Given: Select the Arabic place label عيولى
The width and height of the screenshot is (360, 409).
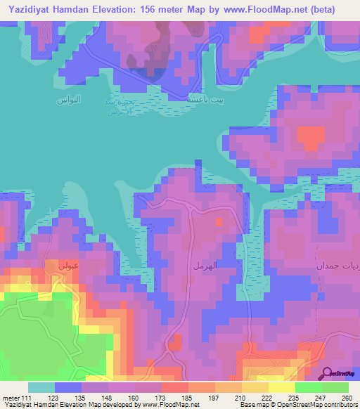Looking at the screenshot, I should pos(57,266).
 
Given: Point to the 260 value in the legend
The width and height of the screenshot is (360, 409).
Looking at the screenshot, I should pos(346,397).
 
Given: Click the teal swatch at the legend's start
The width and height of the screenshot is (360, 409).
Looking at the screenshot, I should pos(41,387).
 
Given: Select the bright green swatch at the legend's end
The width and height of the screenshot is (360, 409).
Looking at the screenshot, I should pos(335,387).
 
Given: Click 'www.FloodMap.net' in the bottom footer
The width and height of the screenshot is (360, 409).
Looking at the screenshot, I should pos(168,405).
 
